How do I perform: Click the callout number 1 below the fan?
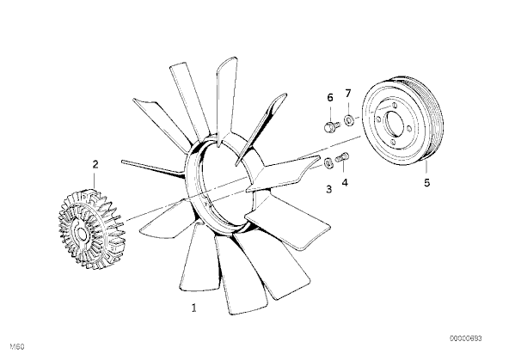click(194, 308)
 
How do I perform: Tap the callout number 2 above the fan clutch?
click(95, 164)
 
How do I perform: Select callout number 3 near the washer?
click(328, 189)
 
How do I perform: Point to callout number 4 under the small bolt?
click(345, 182)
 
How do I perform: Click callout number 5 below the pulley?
click(426, 183)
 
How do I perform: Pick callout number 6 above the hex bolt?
click(330, 97)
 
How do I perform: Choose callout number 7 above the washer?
click(348, 94)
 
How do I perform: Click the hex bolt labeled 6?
click(331, 125)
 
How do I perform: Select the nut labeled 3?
click(328, 162)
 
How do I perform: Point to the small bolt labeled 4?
click(343, 157)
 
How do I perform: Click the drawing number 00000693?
click(465, 339)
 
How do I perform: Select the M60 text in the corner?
click(17, 347)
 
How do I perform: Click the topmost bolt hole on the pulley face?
click(394, 105)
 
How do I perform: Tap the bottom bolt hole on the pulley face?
click(394, 143)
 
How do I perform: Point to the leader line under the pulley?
click(426, 166)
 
